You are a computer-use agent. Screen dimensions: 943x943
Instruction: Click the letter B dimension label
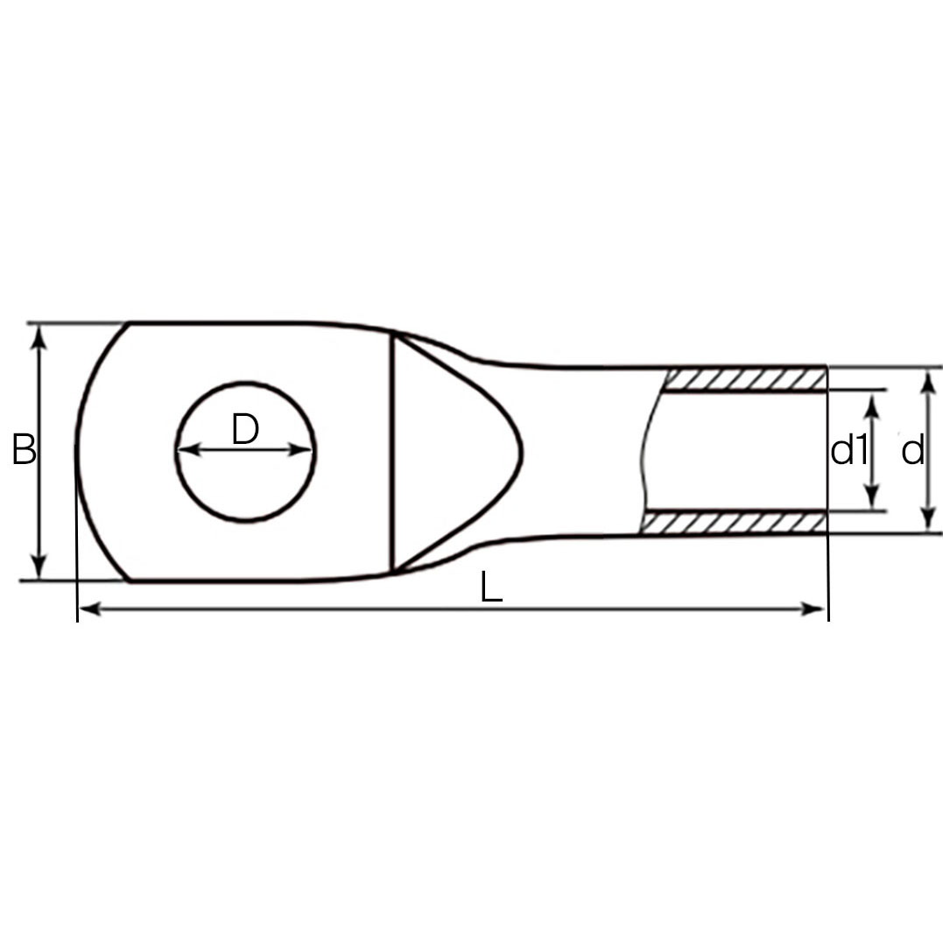tap(24, 449)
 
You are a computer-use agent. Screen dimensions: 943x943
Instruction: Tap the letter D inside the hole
tap(245, 429)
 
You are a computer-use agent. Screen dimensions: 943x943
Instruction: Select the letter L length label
tap(491, 587)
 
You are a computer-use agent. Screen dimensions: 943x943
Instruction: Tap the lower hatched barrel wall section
tap(734, 522)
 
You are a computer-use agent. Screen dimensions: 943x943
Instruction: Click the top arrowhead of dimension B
tap(39, 337)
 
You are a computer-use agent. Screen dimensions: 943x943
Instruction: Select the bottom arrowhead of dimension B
tap(39, 567)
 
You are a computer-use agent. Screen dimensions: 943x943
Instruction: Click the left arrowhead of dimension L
tap(90, 609)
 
